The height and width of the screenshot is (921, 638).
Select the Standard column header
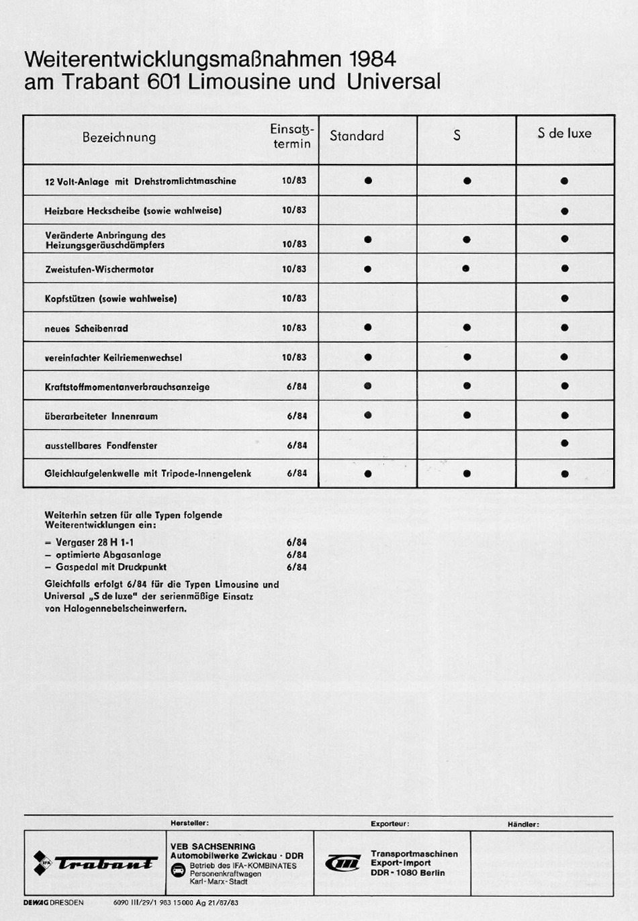coord(357,136)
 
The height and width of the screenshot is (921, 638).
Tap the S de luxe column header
coord(564,134)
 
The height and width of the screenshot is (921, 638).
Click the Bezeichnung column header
coord(119,138)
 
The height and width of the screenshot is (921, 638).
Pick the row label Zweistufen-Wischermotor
coord(99,269)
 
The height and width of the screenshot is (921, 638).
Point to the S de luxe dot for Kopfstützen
coord(564,299)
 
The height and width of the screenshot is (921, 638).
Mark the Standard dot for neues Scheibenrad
coord(367,328)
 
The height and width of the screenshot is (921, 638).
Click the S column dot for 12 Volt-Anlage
coord(467,181)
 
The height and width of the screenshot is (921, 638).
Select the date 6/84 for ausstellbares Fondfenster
coord(297,446)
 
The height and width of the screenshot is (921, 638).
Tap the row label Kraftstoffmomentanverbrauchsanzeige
coord(127,387)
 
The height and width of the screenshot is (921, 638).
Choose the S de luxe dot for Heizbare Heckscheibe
coord(564,211)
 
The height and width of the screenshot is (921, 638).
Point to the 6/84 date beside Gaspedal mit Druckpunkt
coord(297,567)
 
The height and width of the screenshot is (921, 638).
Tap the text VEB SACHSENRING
coord(213,846)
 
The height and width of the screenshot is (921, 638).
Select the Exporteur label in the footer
coord(390,824)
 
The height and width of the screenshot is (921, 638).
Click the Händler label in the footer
coord(523,824)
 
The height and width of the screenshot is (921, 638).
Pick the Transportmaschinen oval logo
coord(343,863)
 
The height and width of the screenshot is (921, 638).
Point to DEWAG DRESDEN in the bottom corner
coord(54,903)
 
